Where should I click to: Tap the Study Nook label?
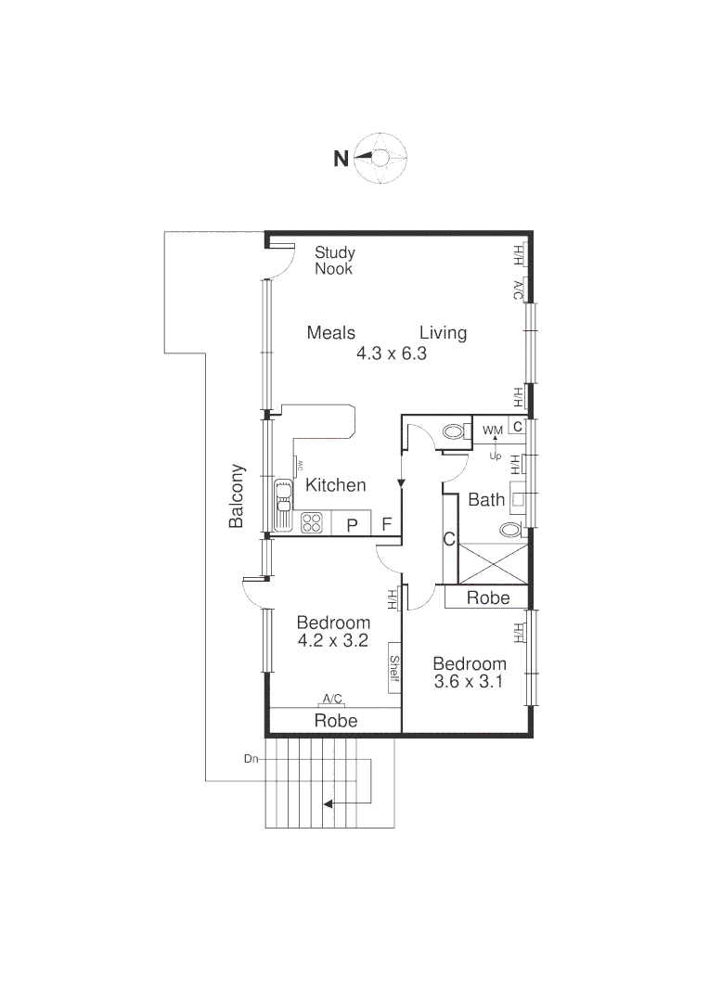tap(334, 261)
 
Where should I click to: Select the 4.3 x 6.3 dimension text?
tap(391, 353)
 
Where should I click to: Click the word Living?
tap(443, 333)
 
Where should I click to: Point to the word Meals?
tap(331, 333)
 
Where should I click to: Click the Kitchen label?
tap(336, 485)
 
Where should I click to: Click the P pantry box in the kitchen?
tap(352, 525)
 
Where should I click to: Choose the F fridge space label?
tap(386, 525)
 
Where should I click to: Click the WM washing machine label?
tap(492, 430)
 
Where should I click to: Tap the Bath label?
tap(486, 500)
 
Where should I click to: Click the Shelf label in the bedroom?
tap(393, 668)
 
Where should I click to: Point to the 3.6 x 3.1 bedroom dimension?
tap(470, 682)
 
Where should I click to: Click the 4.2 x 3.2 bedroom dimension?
tap(333, 640)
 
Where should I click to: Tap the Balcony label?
tap(237, 496)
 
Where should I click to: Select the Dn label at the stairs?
tap(251, 759)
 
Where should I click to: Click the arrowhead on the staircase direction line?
tap(328, 804)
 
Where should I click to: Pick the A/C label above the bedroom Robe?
tap(332, 699)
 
